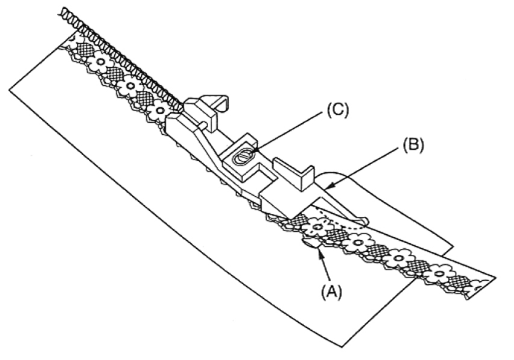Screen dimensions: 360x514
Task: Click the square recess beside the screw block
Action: coord(263,175)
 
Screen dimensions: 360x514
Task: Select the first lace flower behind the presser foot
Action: coord(160,112)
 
